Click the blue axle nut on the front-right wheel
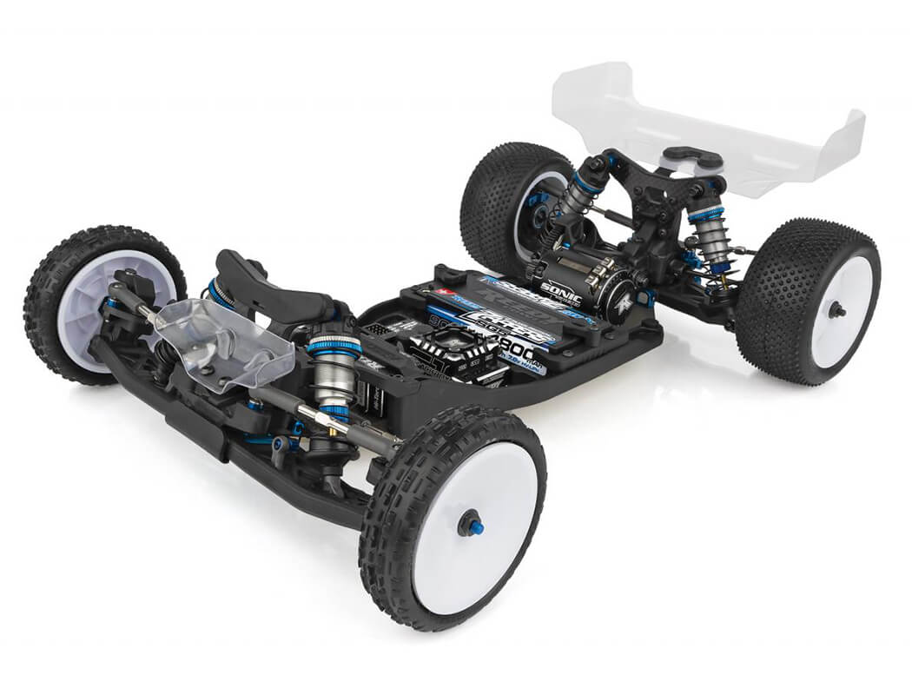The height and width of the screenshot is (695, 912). pos(470,523)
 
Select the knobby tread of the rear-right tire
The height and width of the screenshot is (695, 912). pos(773,287)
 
